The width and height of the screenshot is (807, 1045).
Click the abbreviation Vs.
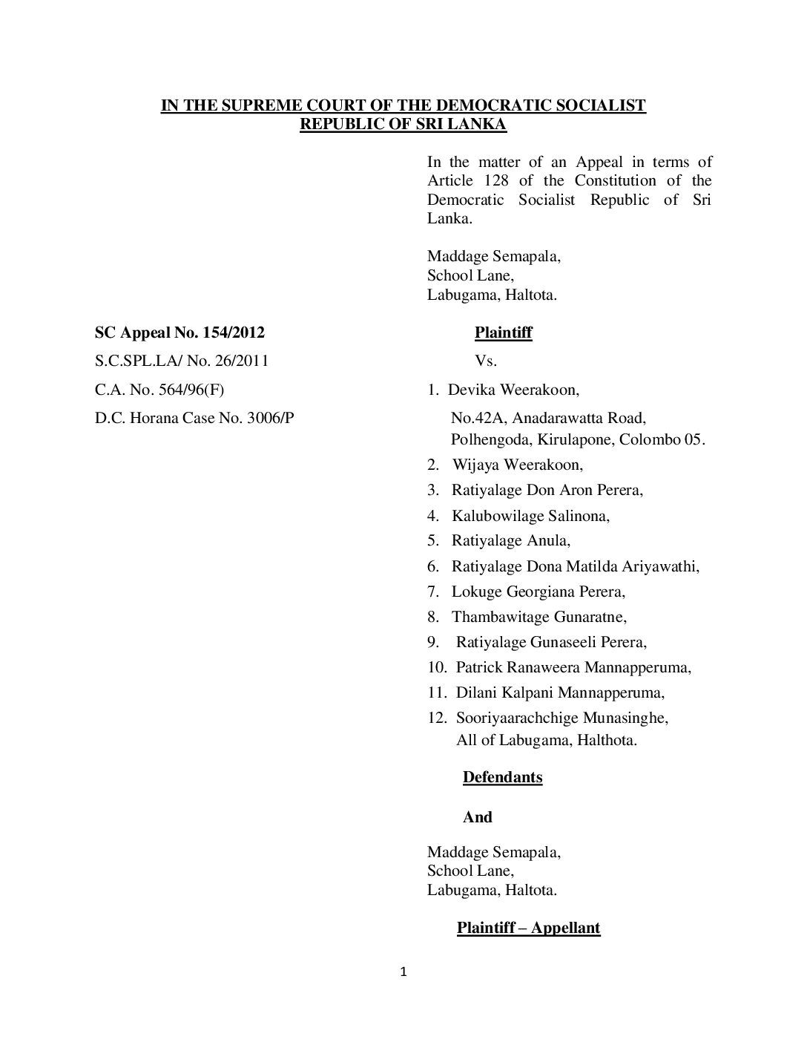(x=485, y=361)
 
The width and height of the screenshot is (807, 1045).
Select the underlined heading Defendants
(x=502, y=777)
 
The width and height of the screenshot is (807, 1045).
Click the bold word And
(x=477, y=817)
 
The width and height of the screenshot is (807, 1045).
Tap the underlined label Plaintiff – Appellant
(x=528, y=928)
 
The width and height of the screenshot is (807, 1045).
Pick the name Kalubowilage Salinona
(x=530, y=515)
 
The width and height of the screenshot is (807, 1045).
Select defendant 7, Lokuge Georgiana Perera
(x=538, y=592)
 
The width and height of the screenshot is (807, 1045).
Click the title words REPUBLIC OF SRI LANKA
(x=403, y=124)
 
